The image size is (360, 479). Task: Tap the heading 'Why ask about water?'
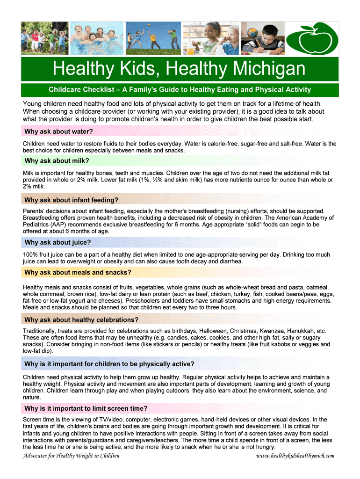coord(58,131)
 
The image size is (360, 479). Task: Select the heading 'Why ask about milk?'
coord(57,161)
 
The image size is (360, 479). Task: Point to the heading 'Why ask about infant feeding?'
coord(71,200)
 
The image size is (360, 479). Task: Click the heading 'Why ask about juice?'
coord(58,242)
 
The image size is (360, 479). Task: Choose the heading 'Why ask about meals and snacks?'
coord(78,272)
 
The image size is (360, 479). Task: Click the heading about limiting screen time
coord(86,408)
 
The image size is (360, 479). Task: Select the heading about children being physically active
coord(109,364)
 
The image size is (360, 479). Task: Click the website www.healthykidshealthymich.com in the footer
coord(296,456)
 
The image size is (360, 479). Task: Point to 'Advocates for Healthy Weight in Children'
coord(71,456)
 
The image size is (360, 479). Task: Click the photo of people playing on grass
coord(151,38)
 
